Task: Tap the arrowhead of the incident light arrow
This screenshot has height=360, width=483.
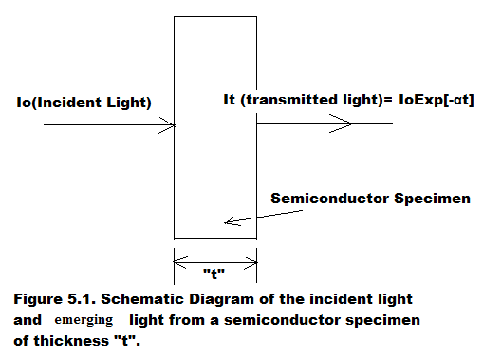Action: point(170,123)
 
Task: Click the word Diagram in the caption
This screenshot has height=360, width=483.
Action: point(228,299)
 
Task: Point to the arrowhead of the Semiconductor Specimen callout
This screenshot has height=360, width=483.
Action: point(226,222)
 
